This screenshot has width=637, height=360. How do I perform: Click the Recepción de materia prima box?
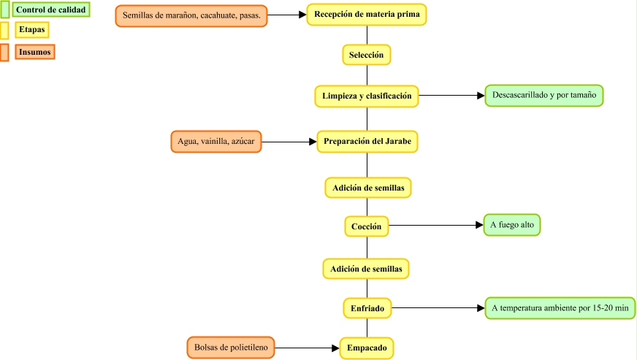[x=366, y=14]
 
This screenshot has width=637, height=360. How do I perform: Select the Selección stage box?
[x=366, y=55]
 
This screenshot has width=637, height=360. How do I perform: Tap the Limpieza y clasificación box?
[x=367, y=96]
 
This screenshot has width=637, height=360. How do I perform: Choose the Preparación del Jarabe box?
[x=367, y=141]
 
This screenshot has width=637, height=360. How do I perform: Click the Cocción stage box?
[x=366, y=226]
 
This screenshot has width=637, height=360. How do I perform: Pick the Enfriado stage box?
[x=367, y=308]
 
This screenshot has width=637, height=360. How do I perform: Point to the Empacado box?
[x=367, y=348]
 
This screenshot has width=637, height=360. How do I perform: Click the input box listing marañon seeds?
[x=191, y=15]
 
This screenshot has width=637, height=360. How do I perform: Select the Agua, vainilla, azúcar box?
[x=216, y=141]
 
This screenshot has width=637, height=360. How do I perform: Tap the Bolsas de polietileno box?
[x=231, y=348]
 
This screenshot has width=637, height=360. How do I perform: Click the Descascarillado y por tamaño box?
[x=544, y=96]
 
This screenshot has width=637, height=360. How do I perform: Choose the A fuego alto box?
[x=512, y=225]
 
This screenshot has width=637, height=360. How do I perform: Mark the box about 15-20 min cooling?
[x=560, y=308]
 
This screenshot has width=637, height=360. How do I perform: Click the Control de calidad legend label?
[x=51, y=10]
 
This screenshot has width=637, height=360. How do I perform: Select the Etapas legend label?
[x=32, y=30]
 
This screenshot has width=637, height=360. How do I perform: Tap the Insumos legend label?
[x=34, y=52]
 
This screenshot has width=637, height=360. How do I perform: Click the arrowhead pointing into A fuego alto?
[x=479, y=226]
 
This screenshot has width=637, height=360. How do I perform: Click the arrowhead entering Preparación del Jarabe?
[x=312, y=142]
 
